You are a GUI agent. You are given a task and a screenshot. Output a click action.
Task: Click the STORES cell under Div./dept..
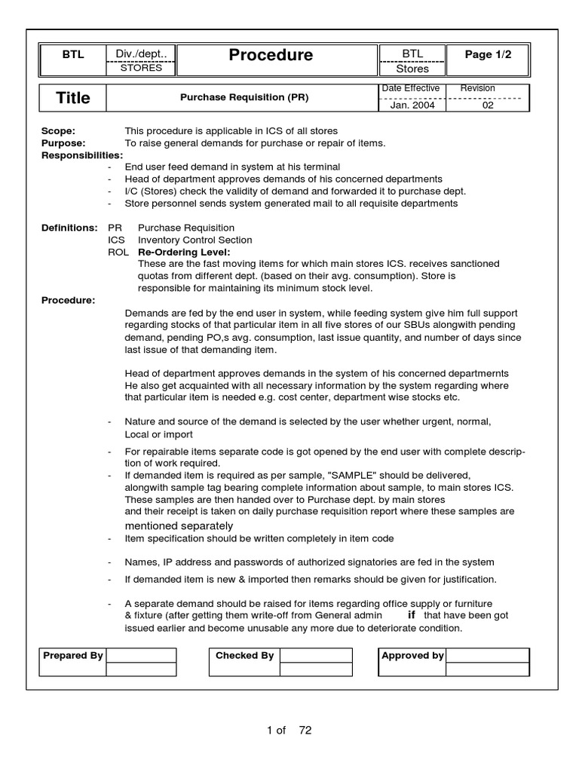click(x=141, y=68)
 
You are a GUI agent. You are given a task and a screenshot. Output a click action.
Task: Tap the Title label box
click(x=73, y=98)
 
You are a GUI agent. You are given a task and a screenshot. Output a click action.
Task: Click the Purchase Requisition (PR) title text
click(x=244, y=98)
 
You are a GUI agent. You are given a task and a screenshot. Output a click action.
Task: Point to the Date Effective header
click(x=411, y=89)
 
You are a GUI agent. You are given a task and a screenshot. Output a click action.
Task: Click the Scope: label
click(x=58, y=131)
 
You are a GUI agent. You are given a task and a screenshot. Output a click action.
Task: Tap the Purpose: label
click(x=63, y=143)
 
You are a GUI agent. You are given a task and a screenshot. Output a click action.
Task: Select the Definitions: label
click(x=69, y=228)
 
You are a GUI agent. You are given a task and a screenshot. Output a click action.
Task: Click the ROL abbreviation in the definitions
click(x=118, y=252)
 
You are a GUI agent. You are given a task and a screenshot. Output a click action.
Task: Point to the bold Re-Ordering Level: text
click(x=184, y=252)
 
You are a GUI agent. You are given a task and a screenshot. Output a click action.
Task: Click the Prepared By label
click(x=73, y=656)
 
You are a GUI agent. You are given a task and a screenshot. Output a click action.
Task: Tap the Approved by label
click(x=412, y=656)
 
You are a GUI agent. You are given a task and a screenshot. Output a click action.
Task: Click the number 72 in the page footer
click(x=305, y=730)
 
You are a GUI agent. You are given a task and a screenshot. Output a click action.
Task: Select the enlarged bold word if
click(x=411, y=615)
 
